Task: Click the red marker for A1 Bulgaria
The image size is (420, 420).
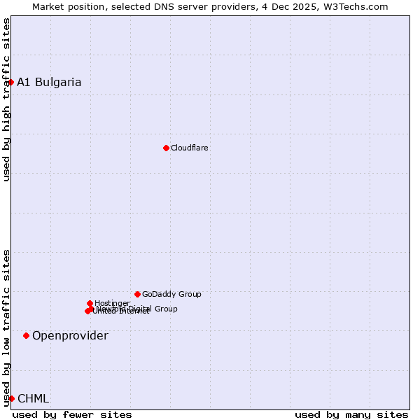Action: click(10, 83)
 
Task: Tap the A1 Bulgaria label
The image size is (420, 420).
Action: click(49, 83)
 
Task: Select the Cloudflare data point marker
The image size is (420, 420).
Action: click(166, 148)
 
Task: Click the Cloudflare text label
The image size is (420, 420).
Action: click(190, 148)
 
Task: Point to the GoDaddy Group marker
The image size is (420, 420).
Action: click(137, 294)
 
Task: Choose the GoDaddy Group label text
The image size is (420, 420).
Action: click(171, 295)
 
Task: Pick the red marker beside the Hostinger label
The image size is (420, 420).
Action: click(90, 303)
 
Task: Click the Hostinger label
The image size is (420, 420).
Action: click(112, 304)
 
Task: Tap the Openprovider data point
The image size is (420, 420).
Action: click(27, 336)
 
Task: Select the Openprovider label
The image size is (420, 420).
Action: click(70, 336)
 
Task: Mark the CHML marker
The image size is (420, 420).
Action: click(11, 398)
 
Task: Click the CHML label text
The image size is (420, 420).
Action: click(33, 399)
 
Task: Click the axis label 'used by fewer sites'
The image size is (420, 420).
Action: click(72, 415)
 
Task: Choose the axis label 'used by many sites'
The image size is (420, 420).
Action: click(351, 415)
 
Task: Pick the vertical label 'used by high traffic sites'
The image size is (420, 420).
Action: click(7, 99)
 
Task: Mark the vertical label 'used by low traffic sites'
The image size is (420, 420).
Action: click(7, 327)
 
